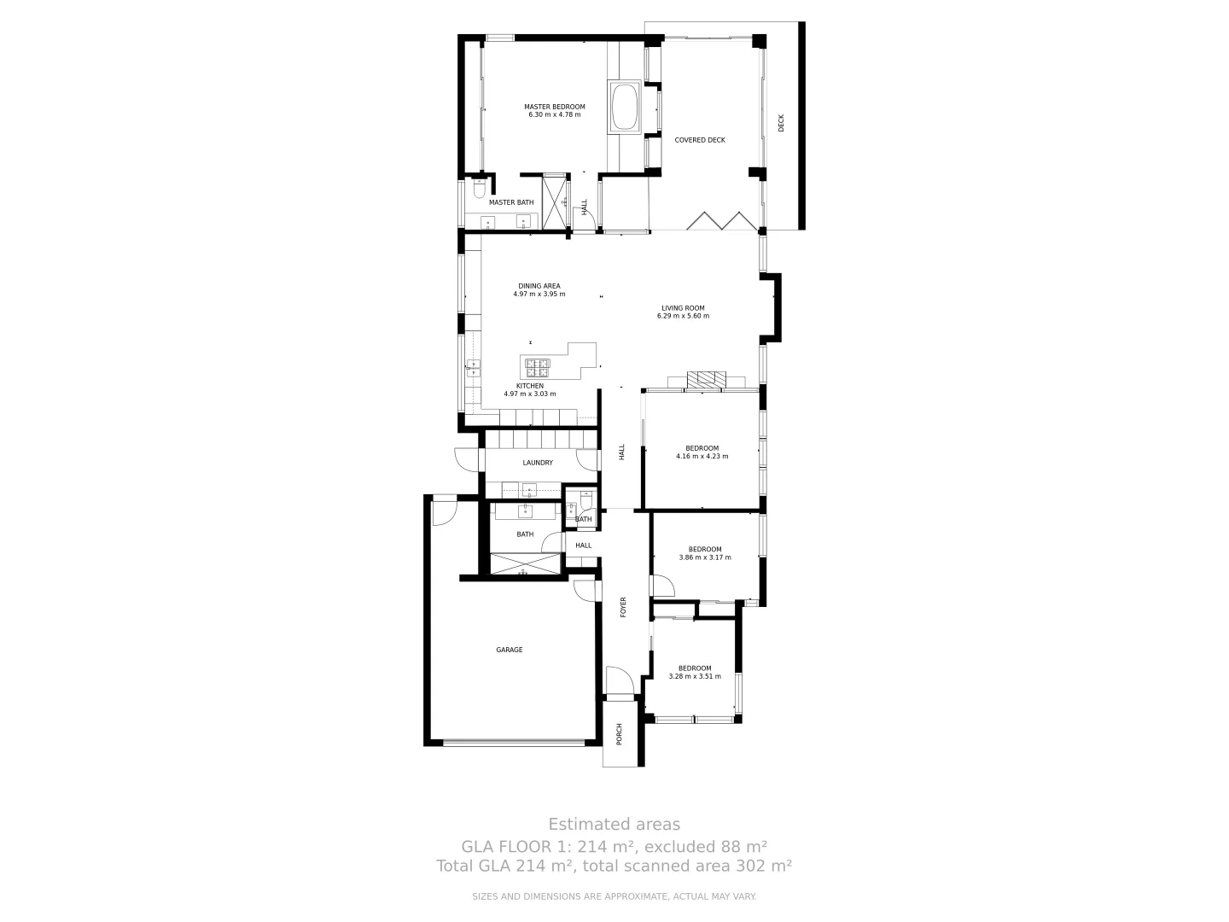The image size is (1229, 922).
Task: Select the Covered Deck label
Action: click(x=700, y=140)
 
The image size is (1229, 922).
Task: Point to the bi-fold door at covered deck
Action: click(x=722, y=220)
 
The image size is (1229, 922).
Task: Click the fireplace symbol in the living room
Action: click(x=707, y=381)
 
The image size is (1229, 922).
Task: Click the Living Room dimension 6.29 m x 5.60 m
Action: click(x=683, y=316)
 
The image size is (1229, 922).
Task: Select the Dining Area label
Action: click(x=539, y=286)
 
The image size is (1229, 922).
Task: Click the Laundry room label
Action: click(x=538, y=463)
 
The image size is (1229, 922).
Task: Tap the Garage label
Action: click(x=510, y=650)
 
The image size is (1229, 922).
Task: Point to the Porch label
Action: click(x=620, y=732)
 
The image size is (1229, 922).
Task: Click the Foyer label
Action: click(x=623, y=607)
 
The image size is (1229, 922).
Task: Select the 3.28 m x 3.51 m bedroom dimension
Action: click(x=695, y=676)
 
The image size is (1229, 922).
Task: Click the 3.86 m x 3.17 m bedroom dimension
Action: click(x=705, y=557)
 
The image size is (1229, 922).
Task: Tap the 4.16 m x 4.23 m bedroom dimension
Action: click(x=702, y=456)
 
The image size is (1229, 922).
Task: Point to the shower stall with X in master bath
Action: click(x=555, y=201)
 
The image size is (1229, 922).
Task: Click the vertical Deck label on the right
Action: click(x=781, y=123)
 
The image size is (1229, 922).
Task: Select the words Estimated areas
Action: click(x=614, y=824)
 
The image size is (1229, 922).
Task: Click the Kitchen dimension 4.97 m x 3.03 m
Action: click(x=529, y=394)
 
